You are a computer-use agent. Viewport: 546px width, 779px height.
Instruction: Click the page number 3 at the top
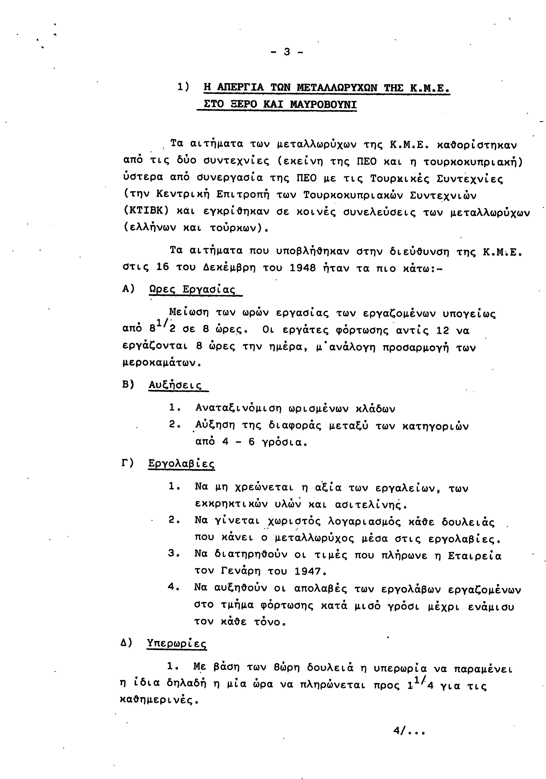(287, 52)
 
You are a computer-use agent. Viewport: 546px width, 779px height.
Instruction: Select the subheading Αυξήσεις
(175, 385)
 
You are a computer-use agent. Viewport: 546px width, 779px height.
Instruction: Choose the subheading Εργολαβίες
(181, 463)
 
